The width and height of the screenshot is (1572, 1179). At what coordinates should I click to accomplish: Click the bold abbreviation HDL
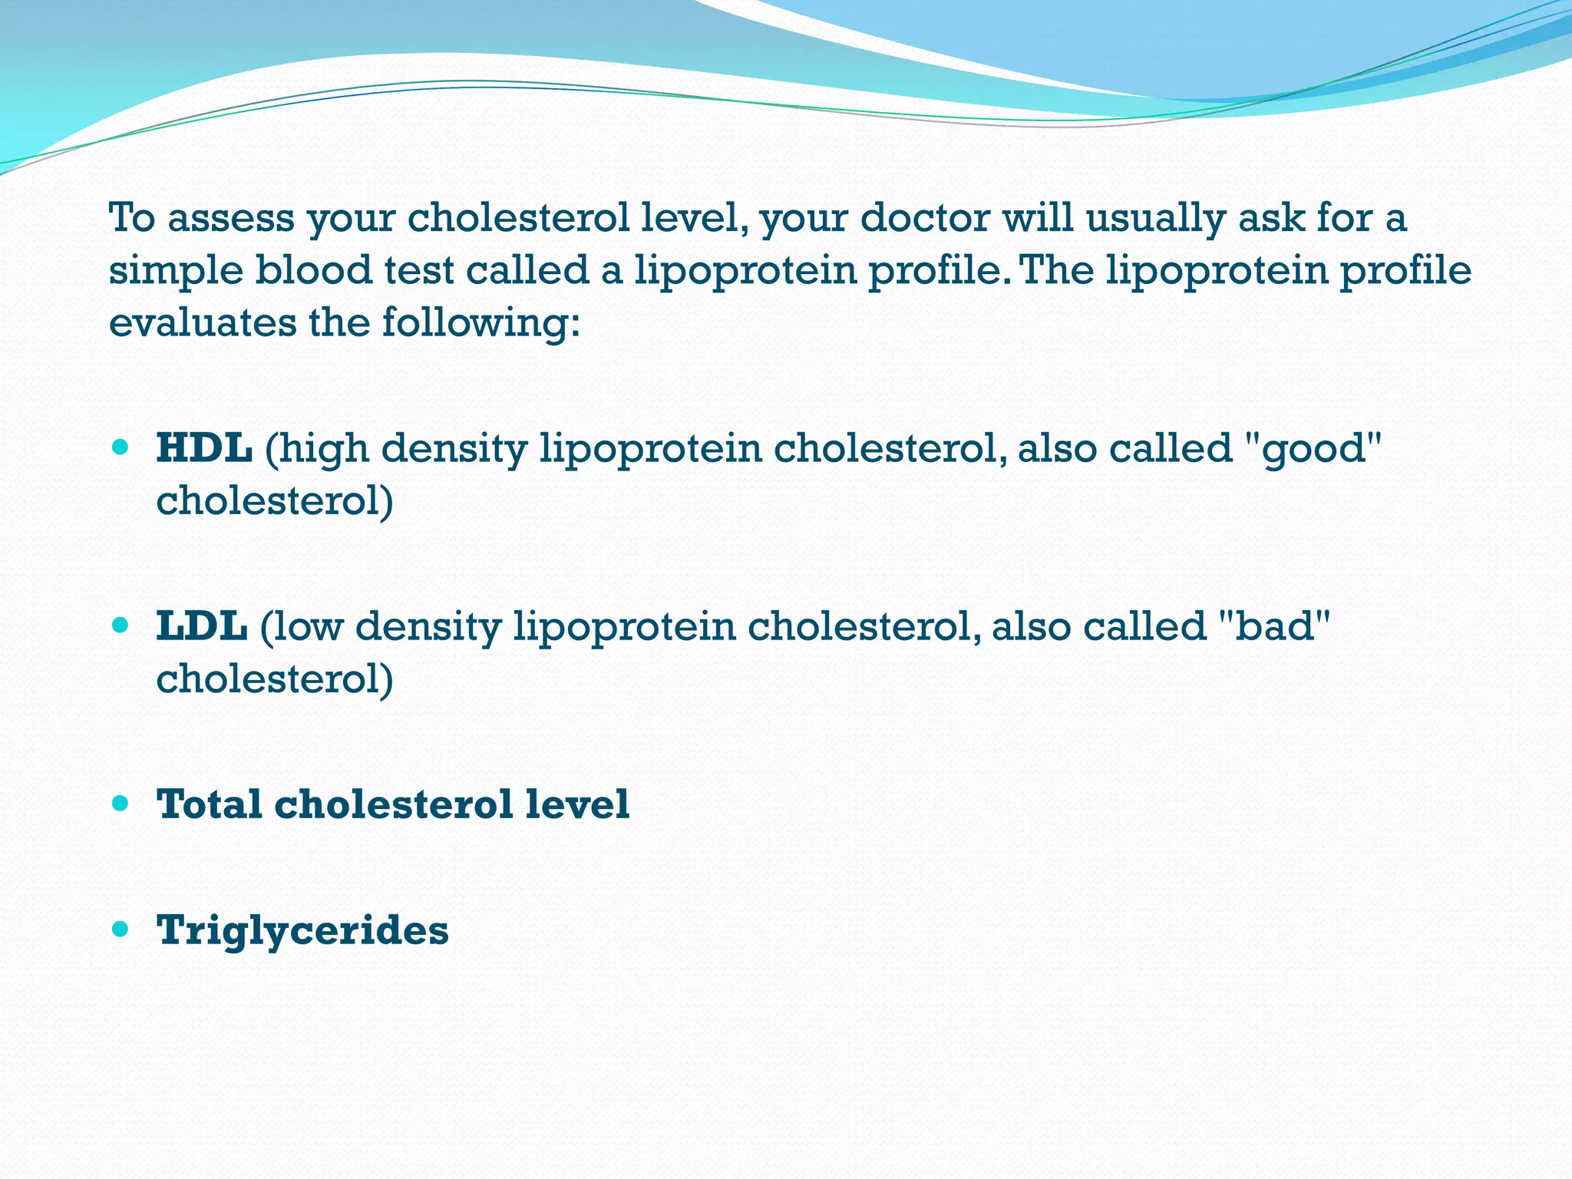203,448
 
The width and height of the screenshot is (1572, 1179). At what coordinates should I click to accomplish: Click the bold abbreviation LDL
201,626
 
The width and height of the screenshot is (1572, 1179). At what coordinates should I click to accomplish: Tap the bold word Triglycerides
302,931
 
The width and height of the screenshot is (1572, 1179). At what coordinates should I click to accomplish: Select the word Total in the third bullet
209,805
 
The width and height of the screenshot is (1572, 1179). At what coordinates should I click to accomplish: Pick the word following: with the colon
481,323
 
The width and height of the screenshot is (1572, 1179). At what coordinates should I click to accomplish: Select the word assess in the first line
231,220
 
